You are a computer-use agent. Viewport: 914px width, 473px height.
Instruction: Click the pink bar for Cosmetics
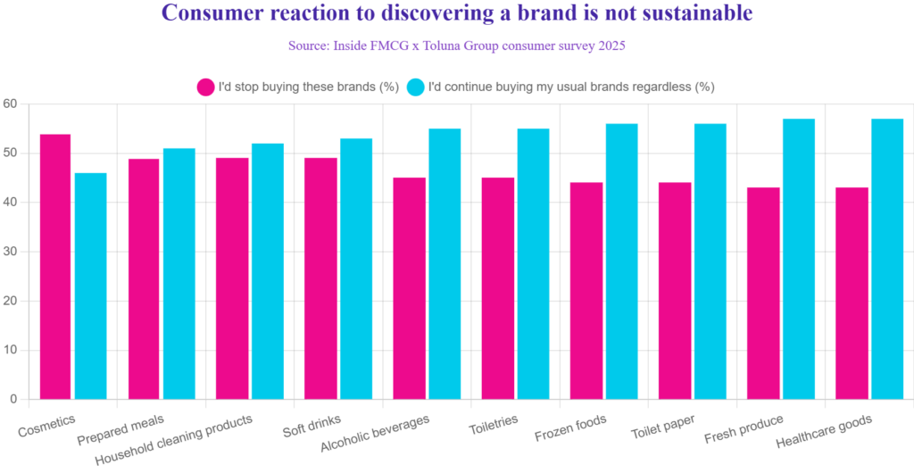coord(55,265)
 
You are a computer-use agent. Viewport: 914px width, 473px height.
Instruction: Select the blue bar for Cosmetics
coord(90,285)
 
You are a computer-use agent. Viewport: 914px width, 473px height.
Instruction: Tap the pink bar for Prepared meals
coord(144,278)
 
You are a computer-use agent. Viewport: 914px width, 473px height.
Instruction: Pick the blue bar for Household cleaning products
coord(267,270)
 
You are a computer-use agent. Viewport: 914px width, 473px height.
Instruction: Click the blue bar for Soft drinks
coord(355,267)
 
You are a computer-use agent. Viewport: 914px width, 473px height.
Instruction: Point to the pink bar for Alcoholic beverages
coord(409,287)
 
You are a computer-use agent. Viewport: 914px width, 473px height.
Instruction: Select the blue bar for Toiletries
coord(532,262)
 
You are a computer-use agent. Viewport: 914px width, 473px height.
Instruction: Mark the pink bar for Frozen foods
coord(586,290)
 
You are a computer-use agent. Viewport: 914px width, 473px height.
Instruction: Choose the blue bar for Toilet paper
coord(710,260)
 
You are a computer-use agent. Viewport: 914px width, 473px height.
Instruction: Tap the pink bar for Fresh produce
coord(763,292)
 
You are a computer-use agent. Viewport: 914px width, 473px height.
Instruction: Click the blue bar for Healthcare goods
coord(886,258)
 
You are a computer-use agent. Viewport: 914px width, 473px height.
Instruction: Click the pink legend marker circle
coord(205,87)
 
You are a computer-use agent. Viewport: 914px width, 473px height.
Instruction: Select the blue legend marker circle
coord(415,87)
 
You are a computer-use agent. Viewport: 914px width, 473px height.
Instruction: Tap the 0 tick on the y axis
coord(13,398)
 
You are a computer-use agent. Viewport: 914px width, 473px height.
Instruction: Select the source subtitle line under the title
coord(456,46)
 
